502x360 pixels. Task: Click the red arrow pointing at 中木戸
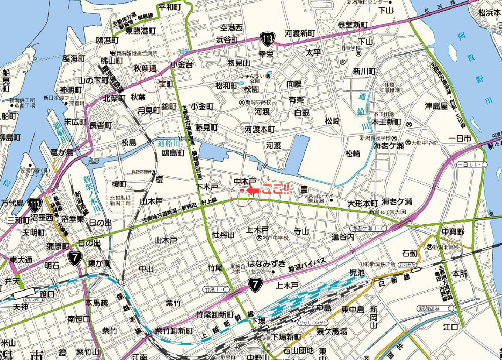tap(253, 190)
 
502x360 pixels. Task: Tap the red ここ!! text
tap(275, 190)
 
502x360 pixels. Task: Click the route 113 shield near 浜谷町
tap(268, 39)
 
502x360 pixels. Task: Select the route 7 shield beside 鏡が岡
tap(75, 258)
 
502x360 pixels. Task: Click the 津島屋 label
tap(437, 106)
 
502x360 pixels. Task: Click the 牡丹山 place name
tap(223, 235)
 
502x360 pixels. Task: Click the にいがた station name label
tap(34, 300)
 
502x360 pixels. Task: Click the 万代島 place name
tap(12, 203)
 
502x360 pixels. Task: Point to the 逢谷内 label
tap(343, 237)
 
